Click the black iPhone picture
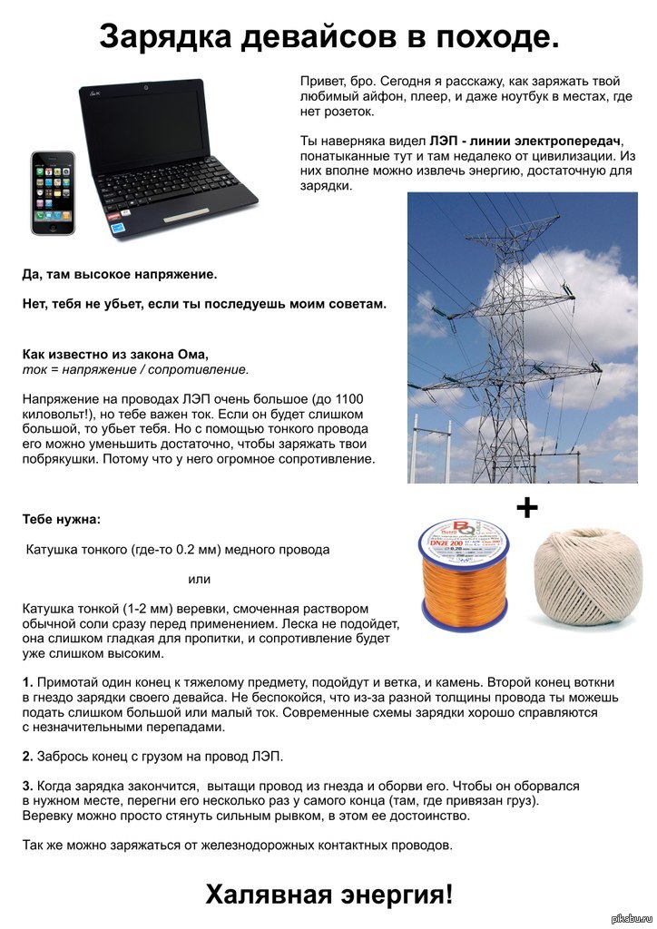coord(54,192)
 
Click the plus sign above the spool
coord(526,507)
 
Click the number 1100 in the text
coord(353,398)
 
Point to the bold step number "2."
coord(28,756)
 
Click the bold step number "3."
coord(28,785)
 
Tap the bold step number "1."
coord(28,681)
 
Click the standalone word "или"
coord(199,579)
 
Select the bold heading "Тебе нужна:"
coord(63,520)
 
